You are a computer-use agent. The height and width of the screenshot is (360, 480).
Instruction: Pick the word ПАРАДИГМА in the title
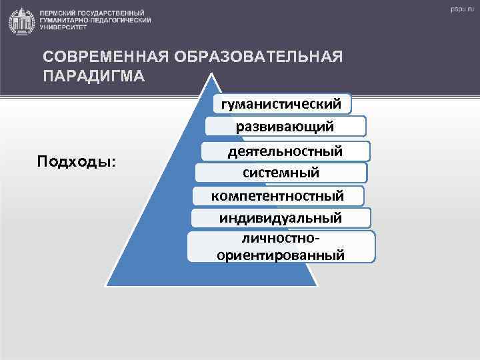pyautogui.click(x=93, y=75)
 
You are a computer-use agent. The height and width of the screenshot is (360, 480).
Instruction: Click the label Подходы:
pyautogui.click(x=75, y=162)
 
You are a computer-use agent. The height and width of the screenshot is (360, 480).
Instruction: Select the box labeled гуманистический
pyautogui.click(x=285, y=104)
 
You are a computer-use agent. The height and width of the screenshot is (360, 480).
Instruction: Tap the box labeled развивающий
pyautogui.click(x=285, y=127)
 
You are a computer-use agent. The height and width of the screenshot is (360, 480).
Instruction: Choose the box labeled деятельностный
pyautogui.click(x=285, y=151)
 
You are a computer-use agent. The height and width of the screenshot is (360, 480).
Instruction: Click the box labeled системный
pyautogui.click(x=281, y=173)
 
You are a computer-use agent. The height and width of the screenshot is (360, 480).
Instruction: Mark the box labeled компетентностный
pyautogui.click(x=277, y=195)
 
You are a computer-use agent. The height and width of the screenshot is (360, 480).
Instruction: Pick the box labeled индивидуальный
pyautogui.click(x=281, y=217)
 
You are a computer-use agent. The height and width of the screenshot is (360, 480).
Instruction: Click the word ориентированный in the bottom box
pyautogui.click(x=281, y=253)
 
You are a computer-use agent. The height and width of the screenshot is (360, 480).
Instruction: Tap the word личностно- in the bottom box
pyautogui.click(x=281, y=238)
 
